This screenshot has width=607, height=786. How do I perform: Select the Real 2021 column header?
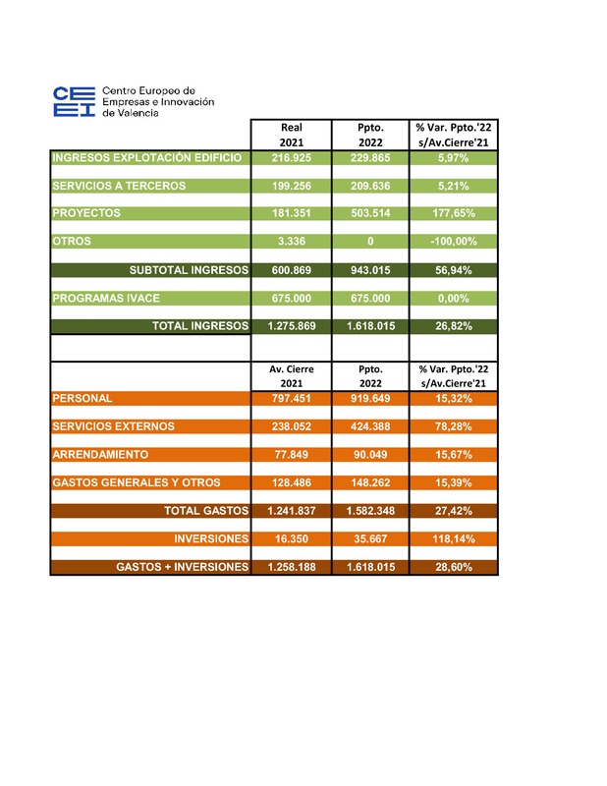pyautogui.click(x=291, y=135)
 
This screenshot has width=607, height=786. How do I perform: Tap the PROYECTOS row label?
pyautogui.click(x=86, y=212)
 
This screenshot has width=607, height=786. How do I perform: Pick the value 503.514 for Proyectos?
pyautogui.click(x=370, y=212)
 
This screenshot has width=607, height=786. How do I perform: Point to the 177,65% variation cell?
pyautogui.click(x=454, y=212)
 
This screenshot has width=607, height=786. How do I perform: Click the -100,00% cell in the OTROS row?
pyautogui.click(x=454, y=241)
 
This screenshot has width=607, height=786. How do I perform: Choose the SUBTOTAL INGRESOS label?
pyautogui.click(x=189, y=269)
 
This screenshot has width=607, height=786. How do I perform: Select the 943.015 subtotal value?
pyautogui.click(x=370, y=269)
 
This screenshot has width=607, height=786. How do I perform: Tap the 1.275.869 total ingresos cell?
pyautogui.click(x=291, y=326)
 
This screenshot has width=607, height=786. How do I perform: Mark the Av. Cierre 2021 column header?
pyautogui.click(x=291, y=376)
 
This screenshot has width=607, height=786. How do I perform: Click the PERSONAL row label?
pyautogui.click(x=82, y=398)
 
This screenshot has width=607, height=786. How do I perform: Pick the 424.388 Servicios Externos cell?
pyautogui.click(x=370, y=426)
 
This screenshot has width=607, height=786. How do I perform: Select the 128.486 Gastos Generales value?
pyautogui.click(x=291, y=482)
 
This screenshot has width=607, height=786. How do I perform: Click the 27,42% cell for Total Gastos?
pyautogui.click(x=454, y=511)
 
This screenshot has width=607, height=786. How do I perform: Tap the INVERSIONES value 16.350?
pyautogui.click(x=291, y=539)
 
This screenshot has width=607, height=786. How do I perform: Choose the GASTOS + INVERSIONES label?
pyautogui.click(x=182, y=568)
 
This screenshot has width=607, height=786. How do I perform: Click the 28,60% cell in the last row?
pyautogui.click(x=454, y=568)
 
